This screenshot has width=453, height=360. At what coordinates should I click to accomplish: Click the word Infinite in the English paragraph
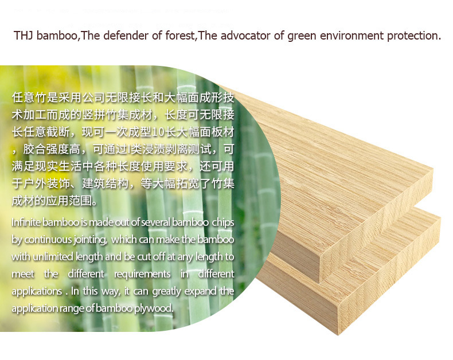pos(26,222)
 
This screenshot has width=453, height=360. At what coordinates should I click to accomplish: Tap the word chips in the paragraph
pos(223,223)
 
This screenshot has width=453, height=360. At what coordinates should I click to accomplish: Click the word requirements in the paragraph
pos(142,274)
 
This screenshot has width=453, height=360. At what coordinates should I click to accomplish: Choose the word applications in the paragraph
pos(37,292)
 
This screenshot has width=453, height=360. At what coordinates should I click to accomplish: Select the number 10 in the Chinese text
pos(159,132)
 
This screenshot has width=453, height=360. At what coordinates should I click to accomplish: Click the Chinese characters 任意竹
pos(29,97)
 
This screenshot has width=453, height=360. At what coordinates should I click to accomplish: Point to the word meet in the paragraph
pos(23,274)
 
